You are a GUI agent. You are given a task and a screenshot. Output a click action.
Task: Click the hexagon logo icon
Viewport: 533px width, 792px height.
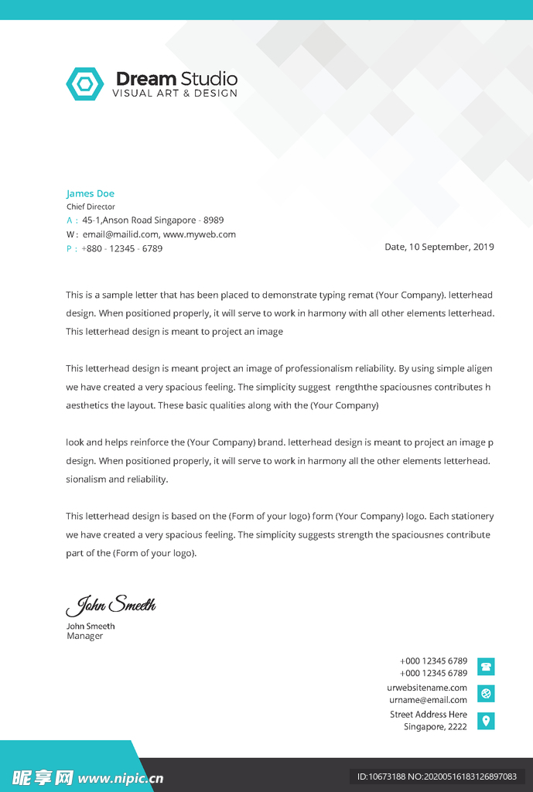click(x=84, y=84)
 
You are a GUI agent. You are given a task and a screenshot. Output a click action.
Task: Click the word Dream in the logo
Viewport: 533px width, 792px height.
click(x=145, y=79)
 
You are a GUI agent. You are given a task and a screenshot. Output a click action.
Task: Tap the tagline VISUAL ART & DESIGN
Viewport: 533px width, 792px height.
click(x=175, y=94)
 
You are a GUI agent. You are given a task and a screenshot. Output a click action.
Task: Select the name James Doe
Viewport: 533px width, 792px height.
click(x=90, y=193)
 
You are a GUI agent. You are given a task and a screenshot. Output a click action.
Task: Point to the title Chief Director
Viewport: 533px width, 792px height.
click(x=91, y=207)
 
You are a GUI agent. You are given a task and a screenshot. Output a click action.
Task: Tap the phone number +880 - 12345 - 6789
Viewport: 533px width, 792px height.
click(x=121, y=248)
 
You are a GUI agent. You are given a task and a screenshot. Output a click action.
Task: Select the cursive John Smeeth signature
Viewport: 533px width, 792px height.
click(x=111, y=605)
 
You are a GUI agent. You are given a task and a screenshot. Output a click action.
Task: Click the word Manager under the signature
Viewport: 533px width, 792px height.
click(x=85, y=637)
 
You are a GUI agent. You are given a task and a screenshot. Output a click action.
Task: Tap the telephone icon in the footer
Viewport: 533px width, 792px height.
click(x=486, y=667)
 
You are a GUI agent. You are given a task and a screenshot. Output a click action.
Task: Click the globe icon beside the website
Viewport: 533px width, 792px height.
click(x=486, y=694)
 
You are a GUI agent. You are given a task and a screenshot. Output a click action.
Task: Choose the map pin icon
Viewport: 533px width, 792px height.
click(x=486, y=721)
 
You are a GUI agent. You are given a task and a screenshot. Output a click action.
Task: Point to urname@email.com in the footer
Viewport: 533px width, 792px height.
click(x=428, y=700)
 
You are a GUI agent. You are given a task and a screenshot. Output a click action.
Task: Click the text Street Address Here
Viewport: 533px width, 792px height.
click(x=429, y=715)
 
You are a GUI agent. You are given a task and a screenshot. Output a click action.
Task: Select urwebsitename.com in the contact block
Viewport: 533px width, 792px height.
click(x=427, y=688)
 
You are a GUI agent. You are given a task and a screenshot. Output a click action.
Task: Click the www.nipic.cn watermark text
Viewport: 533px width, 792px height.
click(x=121, y=777)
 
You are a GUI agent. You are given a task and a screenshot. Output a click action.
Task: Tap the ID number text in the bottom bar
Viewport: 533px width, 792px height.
click(x=436, y=777)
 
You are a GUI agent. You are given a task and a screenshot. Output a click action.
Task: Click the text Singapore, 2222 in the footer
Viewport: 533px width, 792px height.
click(x=436, y=727)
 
